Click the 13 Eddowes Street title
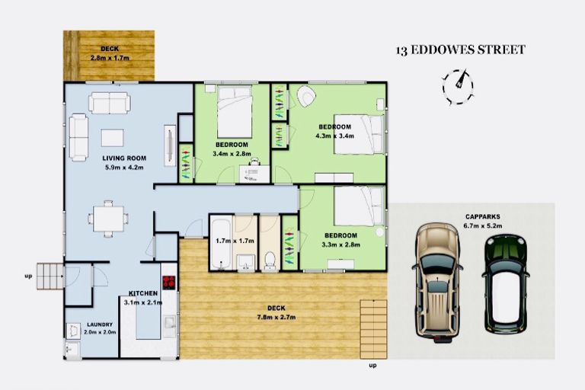click(x=460, y=50)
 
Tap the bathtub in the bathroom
click(x=219, y=244)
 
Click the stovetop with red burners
click(x=168, y=281)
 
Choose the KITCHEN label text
click(x=142, y=293)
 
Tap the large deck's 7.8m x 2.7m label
click(x=278, y=312)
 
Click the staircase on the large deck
click(x=372, y=328)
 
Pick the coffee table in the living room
click(x=112, y=138)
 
